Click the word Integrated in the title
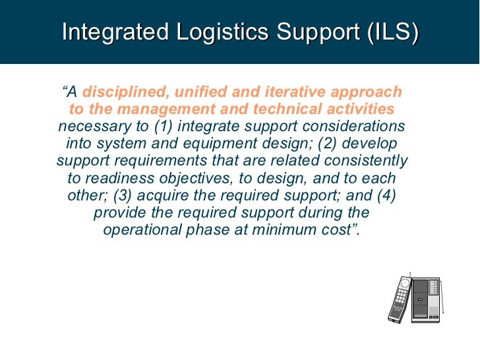111,32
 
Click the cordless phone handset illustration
400,299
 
